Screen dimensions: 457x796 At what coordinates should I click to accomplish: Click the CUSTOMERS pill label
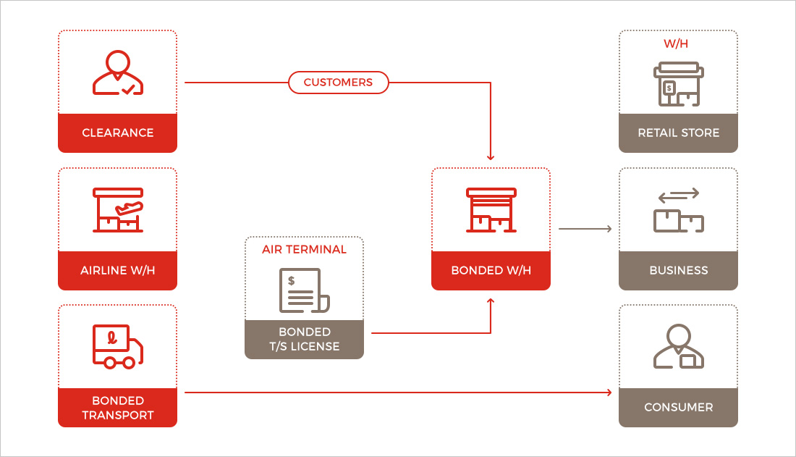click(x=338, y=83)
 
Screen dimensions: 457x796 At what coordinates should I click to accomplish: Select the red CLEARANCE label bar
click(x=117, y=133)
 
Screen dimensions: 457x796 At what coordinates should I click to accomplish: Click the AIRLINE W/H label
click(x=117, y=271)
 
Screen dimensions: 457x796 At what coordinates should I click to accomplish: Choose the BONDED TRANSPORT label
click(x=117, y=408)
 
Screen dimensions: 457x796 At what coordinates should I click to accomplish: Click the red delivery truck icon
click(x=117, y=346)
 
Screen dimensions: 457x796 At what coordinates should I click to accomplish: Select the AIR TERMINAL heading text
click(x=304, y=250)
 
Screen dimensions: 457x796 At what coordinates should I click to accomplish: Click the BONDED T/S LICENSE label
click(x=304, y=340)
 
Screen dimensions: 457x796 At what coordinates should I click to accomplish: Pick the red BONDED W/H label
click(x=491, y=271)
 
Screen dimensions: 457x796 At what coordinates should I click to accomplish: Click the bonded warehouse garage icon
click(x=491, y=211)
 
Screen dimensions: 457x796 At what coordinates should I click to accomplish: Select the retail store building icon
click(x=678, y=83)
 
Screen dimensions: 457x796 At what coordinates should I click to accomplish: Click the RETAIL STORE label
click(x=678, y=133)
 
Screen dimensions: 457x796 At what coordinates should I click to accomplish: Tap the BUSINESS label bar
click(x=678, y=271)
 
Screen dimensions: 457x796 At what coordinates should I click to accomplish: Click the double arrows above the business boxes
click(x=678, y=194)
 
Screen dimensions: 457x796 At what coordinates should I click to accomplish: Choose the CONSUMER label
click(x=678, y=408)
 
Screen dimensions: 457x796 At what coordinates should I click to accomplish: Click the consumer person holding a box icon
click(x=678, y=348)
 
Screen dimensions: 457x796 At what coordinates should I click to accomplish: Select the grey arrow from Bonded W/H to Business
click(x=585, y=229)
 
